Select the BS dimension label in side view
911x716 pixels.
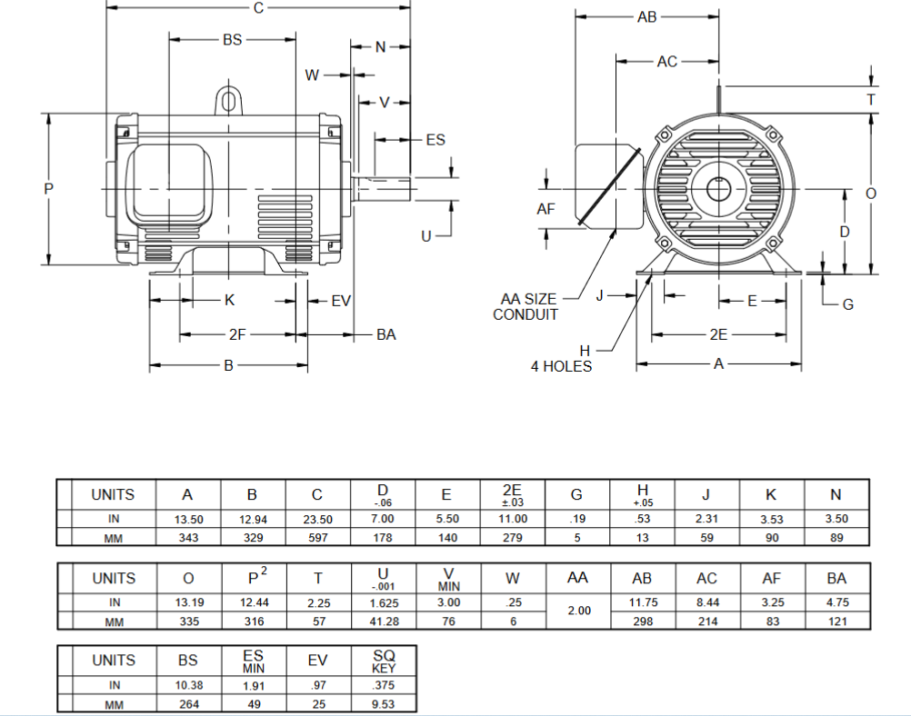(233, 40)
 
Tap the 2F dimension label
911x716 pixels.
(236, 335)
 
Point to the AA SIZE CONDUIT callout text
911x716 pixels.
(526, 306)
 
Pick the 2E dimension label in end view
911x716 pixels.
(718, 335)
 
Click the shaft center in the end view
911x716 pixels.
(719, 190)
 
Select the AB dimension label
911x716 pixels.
(646, 16)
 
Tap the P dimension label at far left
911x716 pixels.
(49, 189)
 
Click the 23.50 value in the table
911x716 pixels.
(316, 519)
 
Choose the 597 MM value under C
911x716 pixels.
(316, 537)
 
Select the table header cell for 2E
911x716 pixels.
(511, 494)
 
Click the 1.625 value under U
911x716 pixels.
(383, 602)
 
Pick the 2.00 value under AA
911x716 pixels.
(578, 612)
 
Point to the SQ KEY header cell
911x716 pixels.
(384, 661)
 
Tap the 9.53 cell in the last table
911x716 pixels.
(384, 704)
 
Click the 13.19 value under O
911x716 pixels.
(187, 602)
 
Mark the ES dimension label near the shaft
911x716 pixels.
(435, 139)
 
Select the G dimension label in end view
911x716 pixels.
(847, 304)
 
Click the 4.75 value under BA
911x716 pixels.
(836, 602)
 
